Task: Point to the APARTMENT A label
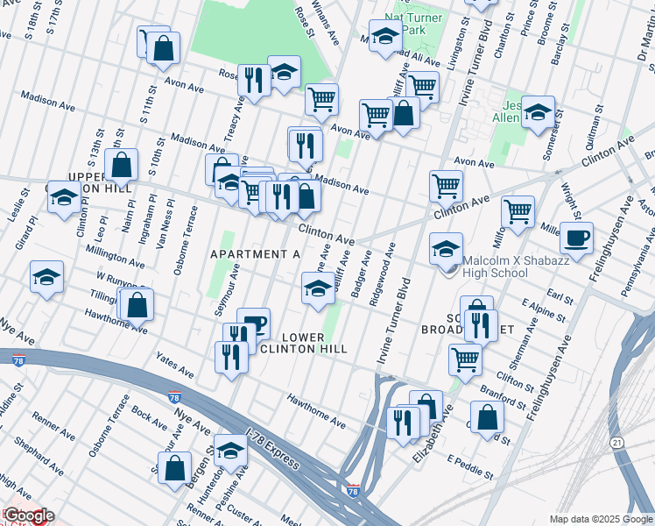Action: click(255, 254)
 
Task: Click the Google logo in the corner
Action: click(29, 515)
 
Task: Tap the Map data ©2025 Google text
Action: click(600, 519)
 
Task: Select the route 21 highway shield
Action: click(618, 444)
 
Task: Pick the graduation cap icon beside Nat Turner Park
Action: click(384, 37)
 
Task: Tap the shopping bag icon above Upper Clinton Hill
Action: click(121, 164)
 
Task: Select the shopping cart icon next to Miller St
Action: click(518, 211)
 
